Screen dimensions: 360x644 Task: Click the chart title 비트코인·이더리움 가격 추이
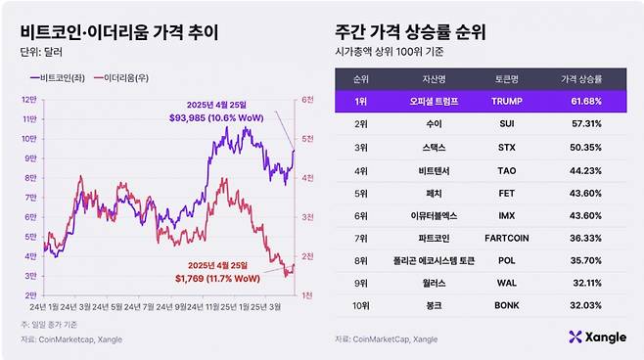pos(119,31)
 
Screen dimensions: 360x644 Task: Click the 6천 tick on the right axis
pos(307,100)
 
